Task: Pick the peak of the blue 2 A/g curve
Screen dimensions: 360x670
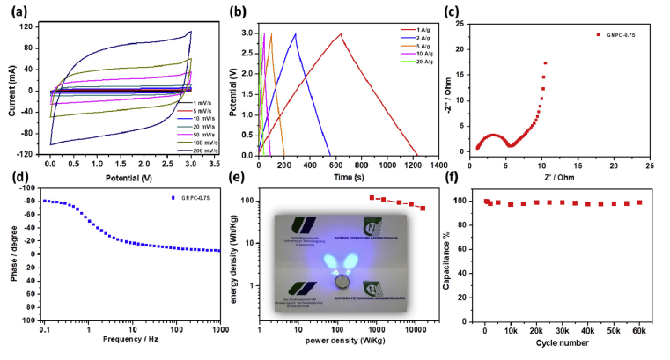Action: (x=295, y=34)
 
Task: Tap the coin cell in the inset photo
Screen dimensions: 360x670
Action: (x=340, y=283)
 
